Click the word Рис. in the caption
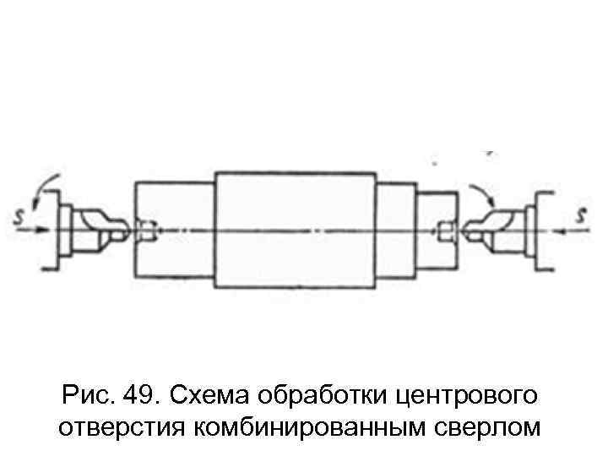(87, 395)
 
